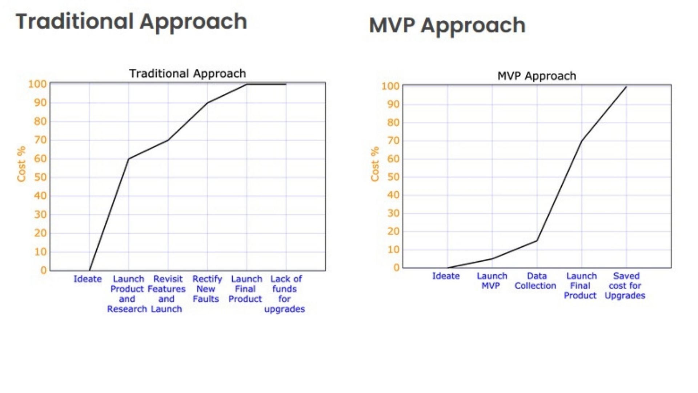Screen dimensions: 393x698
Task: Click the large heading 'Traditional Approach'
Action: [x=131, y=21]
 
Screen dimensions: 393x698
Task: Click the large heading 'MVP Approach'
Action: [x=447, y=25]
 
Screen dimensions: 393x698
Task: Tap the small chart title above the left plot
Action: [x=188, y=74]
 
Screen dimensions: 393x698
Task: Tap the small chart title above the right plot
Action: [x=537, y=76]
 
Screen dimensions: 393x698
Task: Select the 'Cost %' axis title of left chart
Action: [x=21, y=164]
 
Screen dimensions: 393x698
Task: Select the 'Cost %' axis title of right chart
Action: [x=375, y=164]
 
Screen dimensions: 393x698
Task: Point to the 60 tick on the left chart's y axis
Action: [x=40, y=159]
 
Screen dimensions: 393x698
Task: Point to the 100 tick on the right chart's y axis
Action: [x=390, y=86]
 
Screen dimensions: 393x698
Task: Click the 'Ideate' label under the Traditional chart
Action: [x=88, y=279]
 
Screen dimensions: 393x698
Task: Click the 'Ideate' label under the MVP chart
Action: [x=446, y=276]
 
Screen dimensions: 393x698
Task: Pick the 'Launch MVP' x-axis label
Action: [x=492, y=281]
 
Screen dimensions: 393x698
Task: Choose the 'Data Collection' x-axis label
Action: [x=535, y=281]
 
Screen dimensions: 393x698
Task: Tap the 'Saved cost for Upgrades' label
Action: [x=625, y=286]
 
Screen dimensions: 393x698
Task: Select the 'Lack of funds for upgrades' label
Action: [x=285, y=294]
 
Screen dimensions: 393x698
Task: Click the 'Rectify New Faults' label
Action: [x=206, y=289]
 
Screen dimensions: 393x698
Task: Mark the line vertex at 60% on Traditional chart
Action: [x=129, y=159]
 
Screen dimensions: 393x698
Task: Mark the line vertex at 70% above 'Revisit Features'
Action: [x=168, y=140]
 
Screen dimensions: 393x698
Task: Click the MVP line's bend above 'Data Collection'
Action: [x=537, y=241]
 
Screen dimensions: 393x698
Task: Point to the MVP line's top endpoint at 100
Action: [x=626, y=87]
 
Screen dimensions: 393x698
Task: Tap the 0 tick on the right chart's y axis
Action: [x=396, y=267]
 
